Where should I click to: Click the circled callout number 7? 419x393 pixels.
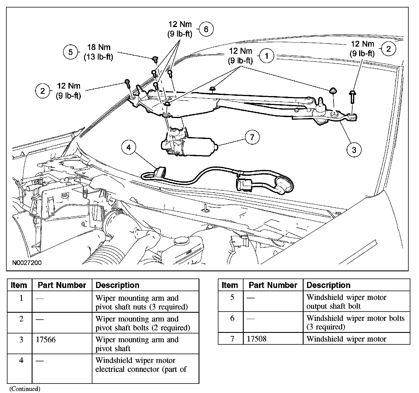pyautogui.click(x=252, y=137)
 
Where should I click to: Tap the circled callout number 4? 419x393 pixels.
pyautogui.click(x=129, y=148)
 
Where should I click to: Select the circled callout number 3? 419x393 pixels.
pyautogui.click(x=354, y=150)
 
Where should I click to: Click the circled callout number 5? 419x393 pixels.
pyautogui.click(x=71, y=52)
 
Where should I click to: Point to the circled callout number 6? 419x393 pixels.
pyautogui.click(x=206, y=29)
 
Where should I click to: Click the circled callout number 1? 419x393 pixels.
pyautogui.click(x=267, y=56)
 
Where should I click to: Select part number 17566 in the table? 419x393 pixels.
pyautogui.click(x=46, y=339)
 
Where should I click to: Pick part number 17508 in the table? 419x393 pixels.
pyautogui.click(x=256, y=339)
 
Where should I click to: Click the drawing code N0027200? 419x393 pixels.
pyautogui.click(x=27, y=263)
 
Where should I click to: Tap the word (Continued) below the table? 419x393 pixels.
pyautogui.click(x=25, y=389)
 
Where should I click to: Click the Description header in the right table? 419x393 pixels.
pyautogui.click(x=328, y=285)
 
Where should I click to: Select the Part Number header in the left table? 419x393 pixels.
pyautogui.click(x=62, y=285)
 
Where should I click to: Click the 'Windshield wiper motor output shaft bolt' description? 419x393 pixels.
pyautogui.click(x=346, y=302)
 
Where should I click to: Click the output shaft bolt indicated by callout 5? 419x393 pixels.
pyautogui.click(x=155, y=59)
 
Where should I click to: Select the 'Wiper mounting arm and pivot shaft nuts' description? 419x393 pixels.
pyautogui.click(x=141, y=302)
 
